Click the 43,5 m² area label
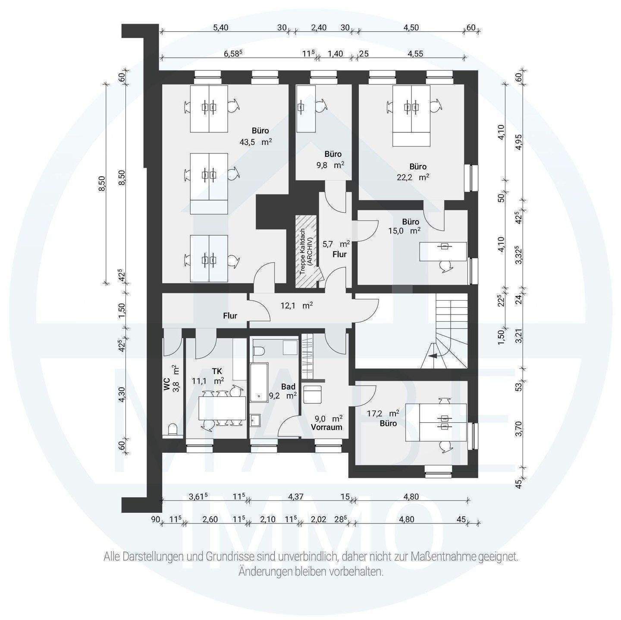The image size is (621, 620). pos(256,142)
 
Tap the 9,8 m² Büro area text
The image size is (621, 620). pos(330,165)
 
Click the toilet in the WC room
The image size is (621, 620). pos(172,430)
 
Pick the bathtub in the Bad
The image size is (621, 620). pos(259,383)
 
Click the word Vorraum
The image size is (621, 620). pos(326,427)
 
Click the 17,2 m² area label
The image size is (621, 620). pos(383,413)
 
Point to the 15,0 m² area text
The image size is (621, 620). pos(405,231)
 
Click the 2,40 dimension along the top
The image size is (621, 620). pos(319,28)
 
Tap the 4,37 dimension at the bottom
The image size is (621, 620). pos(295,497)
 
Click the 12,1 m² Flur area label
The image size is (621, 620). pos(296,305)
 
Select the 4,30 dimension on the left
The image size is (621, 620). pos(122,394)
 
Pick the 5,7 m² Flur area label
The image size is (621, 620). pos(336,244)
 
